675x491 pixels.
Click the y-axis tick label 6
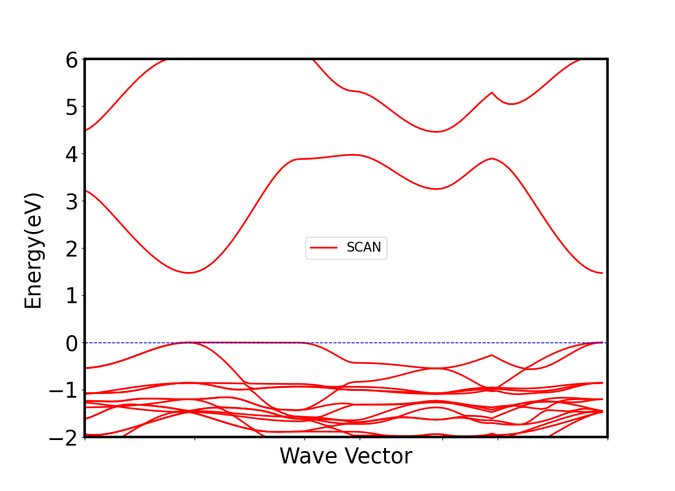click(x=72, y=60)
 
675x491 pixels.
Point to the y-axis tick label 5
click(x=72, y=107)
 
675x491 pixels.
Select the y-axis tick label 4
click(x=72, y=154)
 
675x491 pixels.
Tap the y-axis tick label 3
click(x=72, y=201)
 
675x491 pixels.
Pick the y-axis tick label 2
click(x=72, y=249)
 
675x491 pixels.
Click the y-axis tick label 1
click(x=72, y=296)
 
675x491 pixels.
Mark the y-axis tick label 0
click(x=72, y=342)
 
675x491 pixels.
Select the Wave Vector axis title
click(x=345, y=457)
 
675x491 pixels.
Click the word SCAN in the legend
click(x=364, y=247)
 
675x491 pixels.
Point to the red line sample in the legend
click(x=324, y=247)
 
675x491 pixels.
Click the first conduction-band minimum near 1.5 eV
click(x=189, y=273)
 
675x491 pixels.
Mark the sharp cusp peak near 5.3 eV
click(x=492, y=93)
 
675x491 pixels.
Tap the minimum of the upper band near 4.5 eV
click(x=436, y=131)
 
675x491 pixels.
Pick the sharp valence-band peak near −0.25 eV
click(x=492, y=355)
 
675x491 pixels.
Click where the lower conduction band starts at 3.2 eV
click(x=85, y=190)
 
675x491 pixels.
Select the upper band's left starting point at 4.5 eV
click(x=85, y=130)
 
